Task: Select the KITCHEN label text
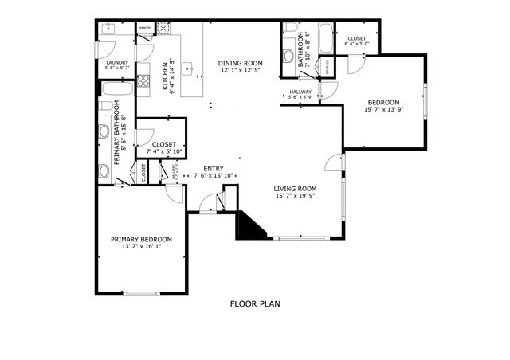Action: [166, 76]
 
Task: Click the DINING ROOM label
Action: [241, 62]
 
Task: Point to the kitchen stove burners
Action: [143, 80]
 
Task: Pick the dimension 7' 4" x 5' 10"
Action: [165, 151]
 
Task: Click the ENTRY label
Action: [213, 168]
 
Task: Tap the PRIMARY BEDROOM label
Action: [141, 239]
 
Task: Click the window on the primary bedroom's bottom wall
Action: [141, 294]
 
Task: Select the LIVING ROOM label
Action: [296, 188]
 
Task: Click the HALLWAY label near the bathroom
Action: [300, 92]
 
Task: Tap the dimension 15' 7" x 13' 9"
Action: [385, 109]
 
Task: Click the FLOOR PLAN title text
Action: [255, 303]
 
